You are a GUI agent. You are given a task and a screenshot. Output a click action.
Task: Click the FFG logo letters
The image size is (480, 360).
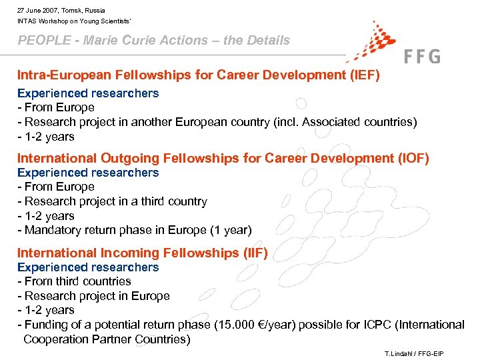[422, 56]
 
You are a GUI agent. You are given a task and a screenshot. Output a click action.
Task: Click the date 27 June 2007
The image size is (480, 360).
[38, 11]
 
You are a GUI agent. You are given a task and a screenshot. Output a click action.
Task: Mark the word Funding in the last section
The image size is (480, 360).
[47, 325]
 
